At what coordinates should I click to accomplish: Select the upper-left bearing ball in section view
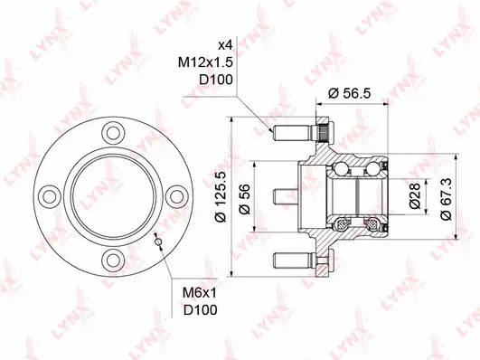coord(343,167)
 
